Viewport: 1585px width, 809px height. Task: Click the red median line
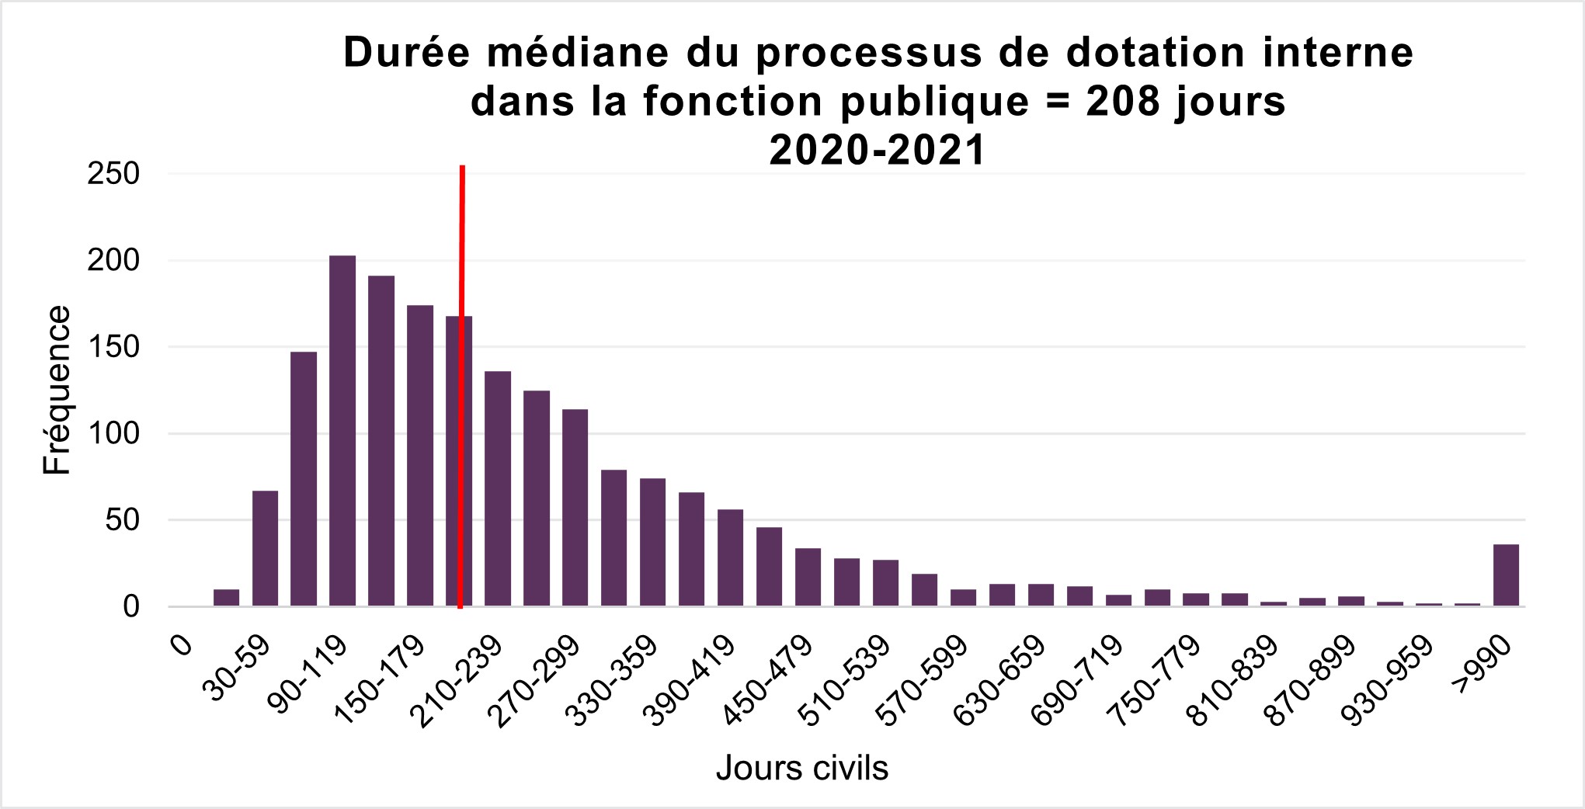coord(462,233)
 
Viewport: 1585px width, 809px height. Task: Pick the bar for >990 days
coord(1507,575)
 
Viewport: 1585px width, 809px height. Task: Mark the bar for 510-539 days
coord(846,582)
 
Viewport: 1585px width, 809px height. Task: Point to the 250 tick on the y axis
coord(113,174)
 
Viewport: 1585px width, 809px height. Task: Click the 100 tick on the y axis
coord(113,433)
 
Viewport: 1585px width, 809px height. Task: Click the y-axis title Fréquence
coord(57,390)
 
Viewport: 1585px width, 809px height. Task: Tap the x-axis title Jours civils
coord(801,768)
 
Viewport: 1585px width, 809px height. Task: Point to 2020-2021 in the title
coord(878,150)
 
